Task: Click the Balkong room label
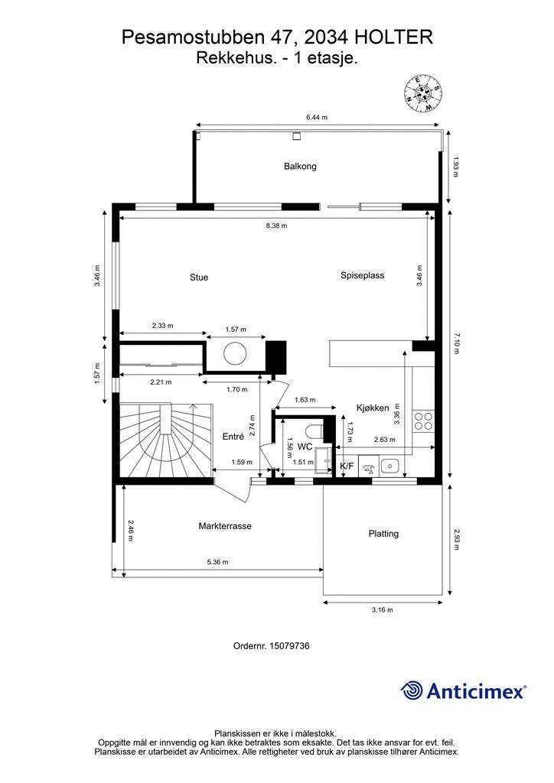click(x=300, y=166)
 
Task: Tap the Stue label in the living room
click(x=199, y=278)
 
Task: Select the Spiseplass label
click(x=362, y=275)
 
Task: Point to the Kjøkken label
click(x=373, y=408)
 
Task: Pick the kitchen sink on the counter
click(x=389, y=466)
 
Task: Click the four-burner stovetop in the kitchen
click(x=424, y=421)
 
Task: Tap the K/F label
click(x=346, y=466)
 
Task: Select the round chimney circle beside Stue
click(x=235, y=353)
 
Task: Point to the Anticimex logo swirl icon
click(x=411, y=690)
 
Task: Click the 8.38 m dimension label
click(x=277, y=226)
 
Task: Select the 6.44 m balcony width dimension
click(x=317, y=117)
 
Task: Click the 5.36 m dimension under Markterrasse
click(x=217, y=562)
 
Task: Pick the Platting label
click(x=383, y=534)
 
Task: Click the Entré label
click(x=233, y=437)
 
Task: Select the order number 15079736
click(x=289, y=645)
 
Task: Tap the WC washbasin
click(x=323, y=459)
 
